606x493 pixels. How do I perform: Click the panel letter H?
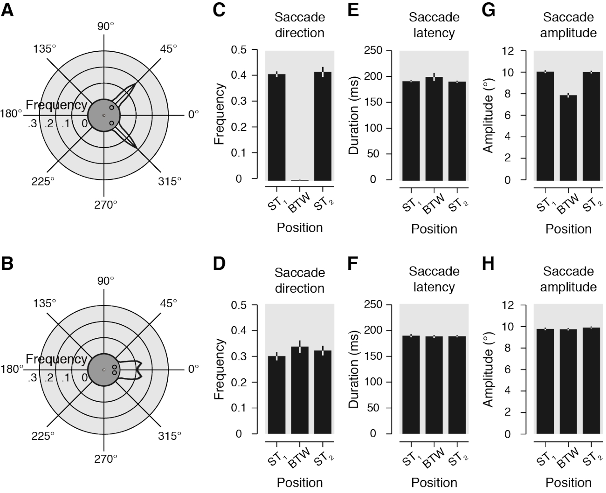pyautogui.click(x=488, y=264)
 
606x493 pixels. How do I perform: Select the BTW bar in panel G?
pyautogui.click(x=568, y=137)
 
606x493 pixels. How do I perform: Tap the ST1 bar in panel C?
pyautogui.click(x=276, y=127)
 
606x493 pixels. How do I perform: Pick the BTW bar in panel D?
pyautogui.click(x=300, y=390)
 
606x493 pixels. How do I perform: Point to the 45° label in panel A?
pyautogui.click(x=168, y=48)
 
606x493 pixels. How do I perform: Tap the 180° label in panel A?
pyautogui.click(x=12, y=114)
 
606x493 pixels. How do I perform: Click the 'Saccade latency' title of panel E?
pyautogui.click(x=434, y=25)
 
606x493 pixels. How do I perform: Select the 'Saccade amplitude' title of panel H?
pyautogui.click(x=568, y=279)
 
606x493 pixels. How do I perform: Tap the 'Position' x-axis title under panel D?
pyautogui.click(x=300, y=482)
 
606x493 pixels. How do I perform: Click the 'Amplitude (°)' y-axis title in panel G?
pyautogui.click(x=488, y=115)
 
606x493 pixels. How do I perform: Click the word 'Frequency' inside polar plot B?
pyautogui.click(x=56, y=359)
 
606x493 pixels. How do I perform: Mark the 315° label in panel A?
pyautogui.click(x=169, y=181)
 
